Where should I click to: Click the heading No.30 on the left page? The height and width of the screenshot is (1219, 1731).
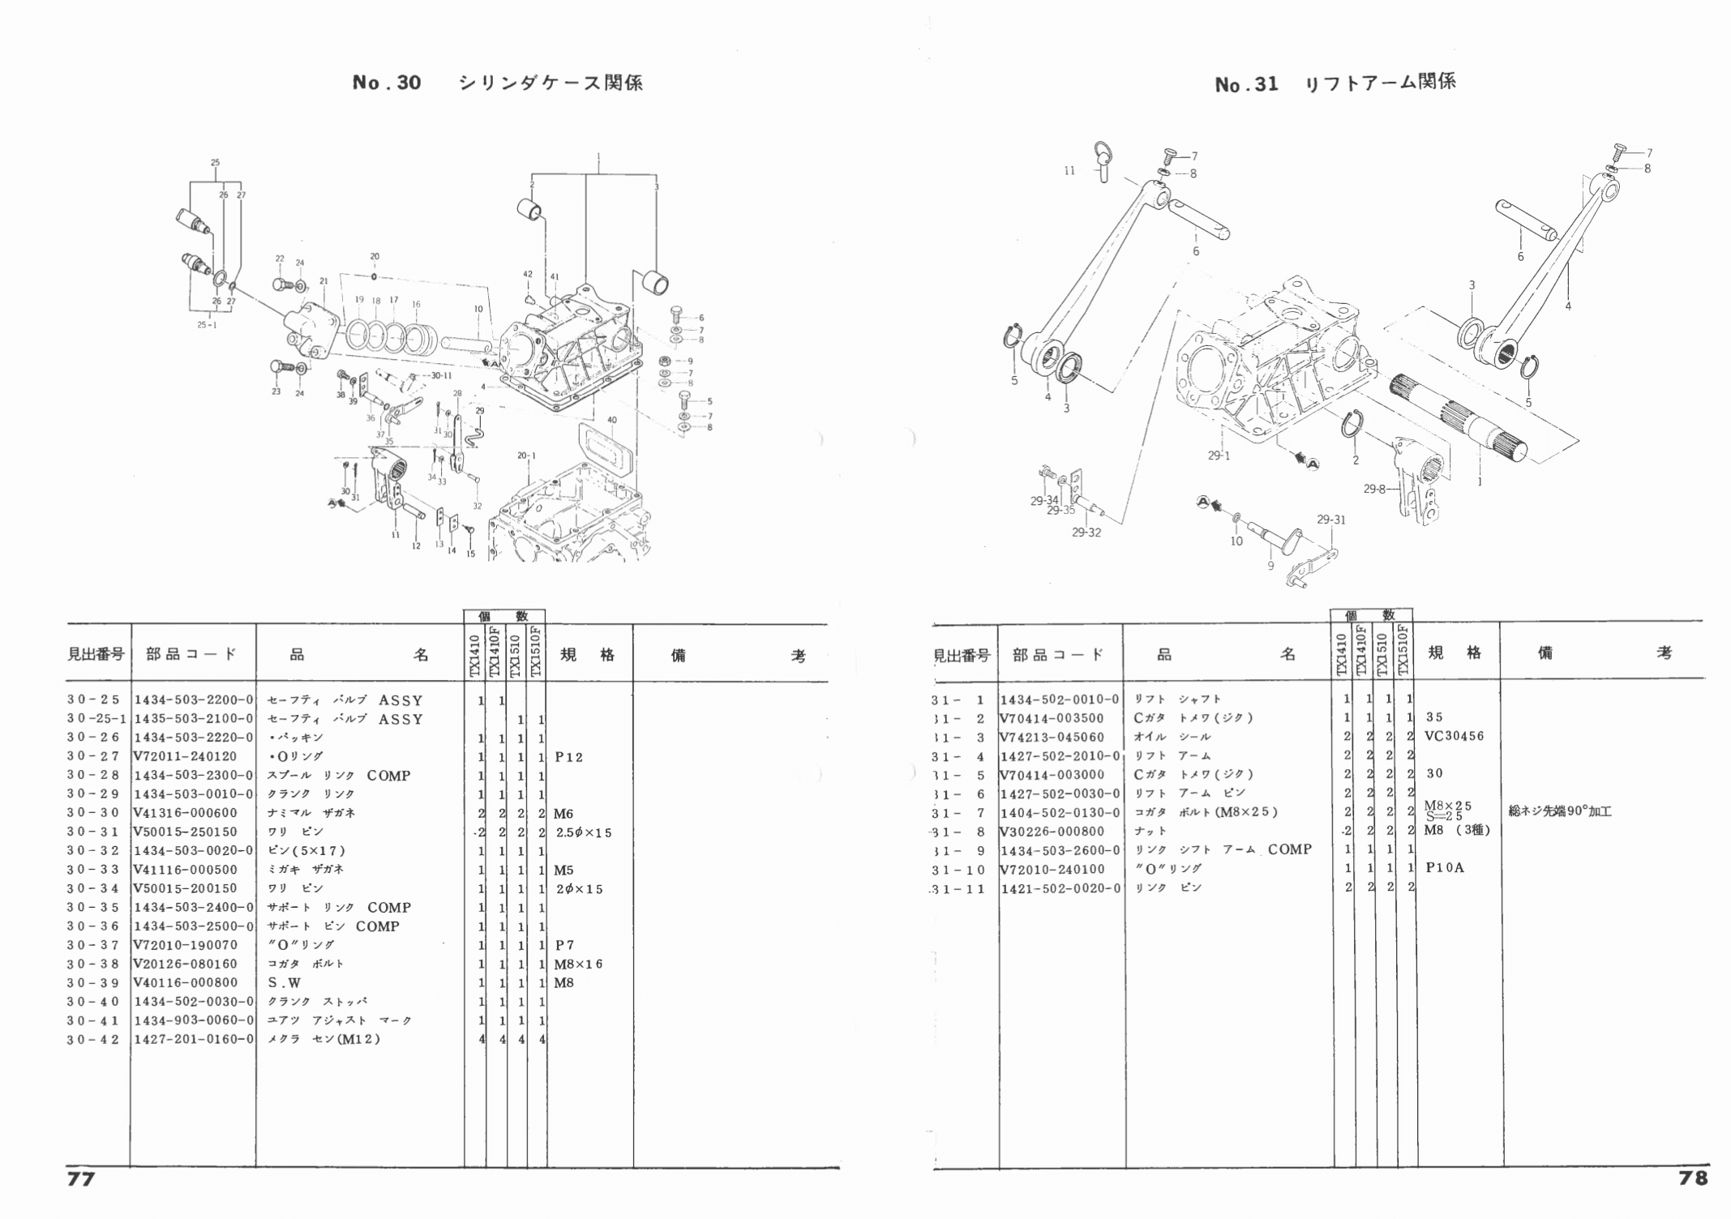387,83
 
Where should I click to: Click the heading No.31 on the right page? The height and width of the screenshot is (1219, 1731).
1246,84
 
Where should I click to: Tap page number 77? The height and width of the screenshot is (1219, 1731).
80,1178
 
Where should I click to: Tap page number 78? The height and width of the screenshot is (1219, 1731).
1693,1178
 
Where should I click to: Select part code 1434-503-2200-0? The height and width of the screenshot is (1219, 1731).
193,700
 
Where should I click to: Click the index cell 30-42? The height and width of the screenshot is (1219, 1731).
94,1039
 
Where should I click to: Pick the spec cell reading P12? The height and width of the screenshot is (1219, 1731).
568,757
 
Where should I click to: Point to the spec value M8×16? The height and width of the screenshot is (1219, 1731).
578,964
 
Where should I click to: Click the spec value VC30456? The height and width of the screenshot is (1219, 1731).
1454,736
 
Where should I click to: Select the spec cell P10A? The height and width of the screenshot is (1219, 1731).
1444,868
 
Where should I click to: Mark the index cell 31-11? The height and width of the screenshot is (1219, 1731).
960,888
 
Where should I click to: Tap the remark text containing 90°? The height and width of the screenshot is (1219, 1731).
1559,811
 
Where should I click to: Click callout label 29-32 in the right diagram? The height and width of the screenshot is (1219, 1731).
1086,533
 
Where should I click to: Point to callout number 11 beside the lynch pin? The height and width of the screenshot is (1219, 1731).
1069,171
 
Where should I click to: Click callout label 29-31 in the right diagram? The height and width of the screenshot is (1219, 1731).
1330,520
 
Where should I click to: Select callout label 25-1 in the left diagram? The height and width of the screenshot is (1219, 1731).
207,325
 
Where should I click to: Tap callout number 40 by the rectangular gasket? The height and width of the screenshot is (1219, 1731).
611,420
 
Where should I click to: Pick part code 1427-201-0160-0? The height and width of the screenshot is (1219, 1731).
193,1039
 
